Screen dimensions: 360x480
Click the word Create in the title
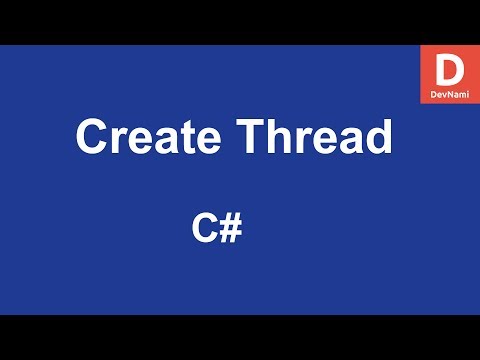(x=143, y=137)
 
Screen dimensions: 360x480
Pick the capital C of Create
(x=92, y=137)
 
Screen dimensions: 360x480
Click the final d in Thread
(x=376, y=137)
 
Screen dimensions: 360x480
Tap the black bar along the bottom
(x=240, y=337)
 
